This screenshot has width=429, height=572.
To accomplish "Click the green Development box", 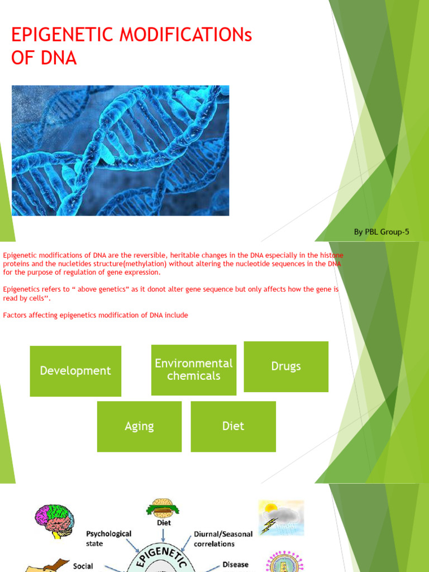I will coord(75,371).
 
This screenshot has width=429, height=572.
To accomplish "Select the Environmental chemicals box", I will coord(193,369).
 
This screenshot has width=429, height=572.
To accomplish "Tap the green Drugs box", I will coord(286,366).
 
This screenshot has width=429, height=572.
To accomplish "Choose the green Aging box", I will coord(139,426).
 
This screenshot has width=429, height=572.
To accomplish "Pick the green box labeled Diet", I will coord(233,426).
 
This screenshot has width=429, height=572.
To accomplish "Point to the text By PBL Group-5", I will coord(382,232).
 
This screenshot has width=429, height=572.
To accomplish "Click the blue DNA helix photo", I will coord(120,150).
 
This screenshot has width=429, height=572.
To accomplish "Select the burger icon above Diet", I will coord(162,507).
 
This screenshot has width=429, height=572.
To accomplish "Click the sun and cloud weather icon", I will coord(280,517).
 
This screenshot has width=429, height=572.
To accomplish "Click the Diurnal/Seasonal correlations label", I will coord(223,538).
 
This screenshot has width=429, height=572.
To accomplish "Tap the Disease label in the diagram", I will coord(235,564).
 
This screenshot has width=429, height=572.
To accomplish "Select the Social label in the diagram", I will coord(83,566).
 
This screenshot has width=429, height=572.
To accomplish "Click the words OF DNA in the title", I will coord(44,58).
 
